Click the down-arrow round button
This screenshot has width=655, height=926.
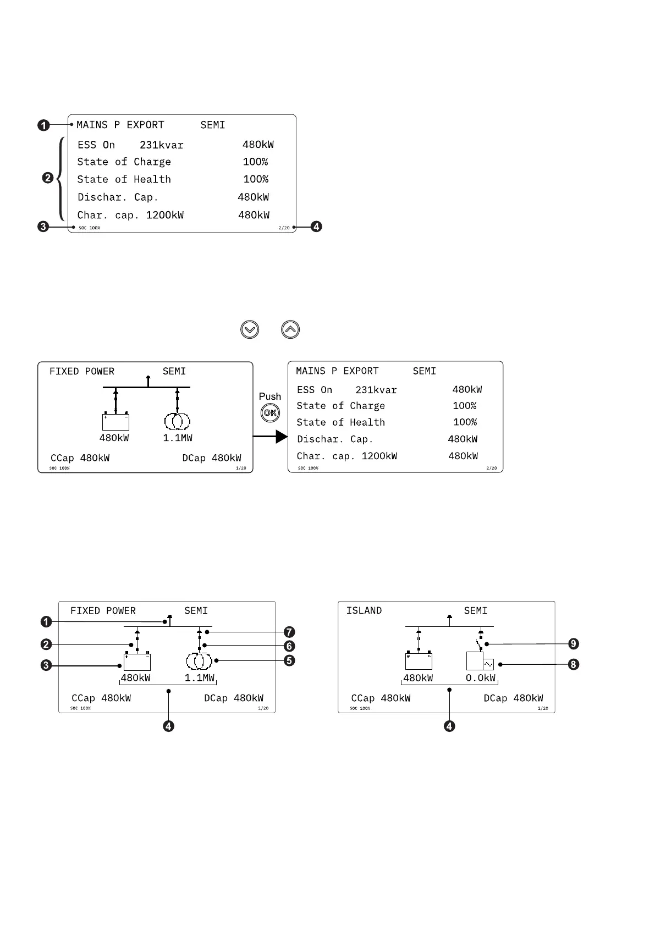pyautogui.click(x=250, y=330)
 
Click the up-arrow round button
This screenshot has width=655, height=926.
pyautogui.click(x=290, y=330)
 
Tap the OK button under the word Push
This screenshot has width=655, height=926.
pyautogui.click(x=270, y=413)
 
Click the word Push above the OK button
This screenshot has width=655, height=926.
pyautogui.click(x=270, y=396)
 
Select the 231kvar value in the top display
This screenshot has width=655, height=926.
pyautogui.click(x=162, y=145)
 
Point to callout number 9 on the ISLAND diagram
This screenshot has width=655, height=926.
pyautogui.click(x=574, y=644)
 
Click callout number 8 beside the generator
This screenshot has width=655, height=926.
pyautogui.click(x=574, y=664)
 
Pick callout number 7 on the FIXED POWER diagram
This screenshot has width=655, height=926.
pyautogui.click(x=289, y=632)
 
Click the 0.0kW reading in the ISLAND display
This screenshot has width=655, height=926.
pyautogui.click(x=481, y=678)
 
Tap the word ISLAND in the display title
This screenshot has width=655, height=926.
pyautogui.click(x=364, y=610)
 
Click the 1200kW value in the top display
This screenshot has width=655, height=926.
pyautogui.click(x=165, y=215)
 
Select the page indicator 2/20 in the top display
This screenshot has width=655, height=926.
pyautogui.click(x=284, y=228)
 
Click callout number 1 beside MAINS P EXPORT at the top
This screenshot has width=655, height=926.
pyautogui.click(x=43, y=125)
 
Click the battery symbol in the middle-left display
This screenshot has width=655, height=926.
pyautogui.click(x=115, y=422)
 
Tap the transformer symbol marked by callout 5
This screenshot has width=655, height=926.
pyautogui.click(x=199, y=660)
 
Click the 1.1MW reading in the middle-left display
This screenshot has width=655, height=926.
pyautogui.click(x=178, y=438)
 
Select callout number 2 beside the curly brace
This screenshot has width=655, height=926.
pyautogui.click(x=47, y=178)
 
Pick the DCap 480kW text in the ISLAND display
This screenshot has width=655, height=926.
pyautogui.click(x=513, y=698)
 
